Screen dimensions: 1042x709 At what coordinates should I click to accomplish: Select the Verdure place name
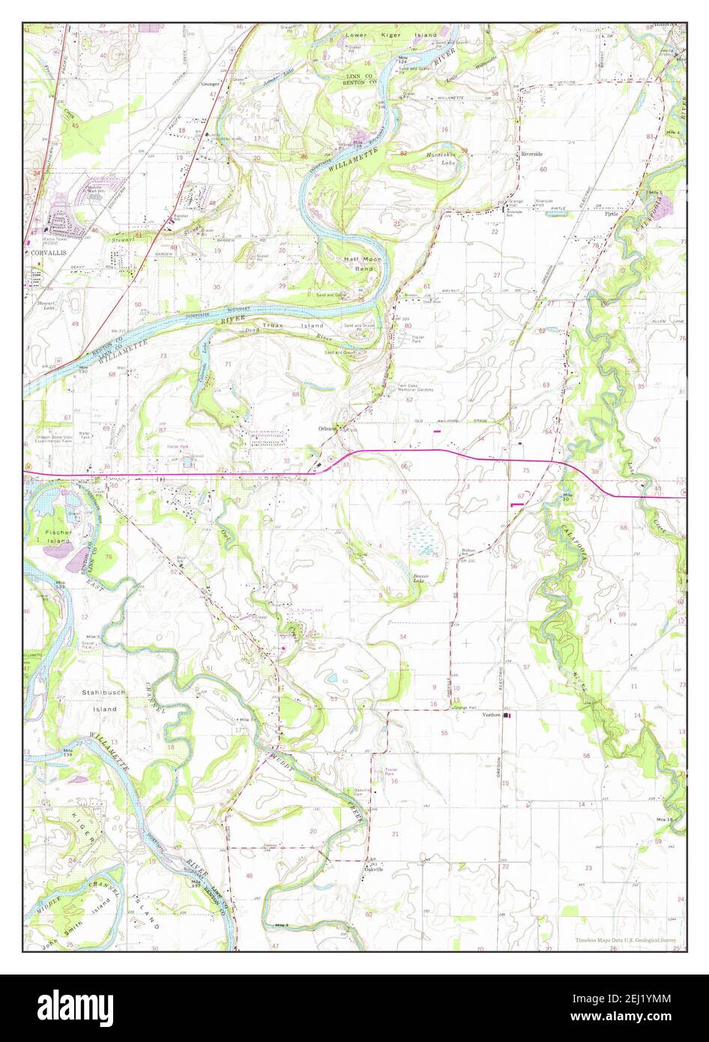click(x=492, y=715)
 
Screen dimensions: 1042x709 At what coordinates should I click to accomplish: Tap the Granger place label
click(x=210, y=84)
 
